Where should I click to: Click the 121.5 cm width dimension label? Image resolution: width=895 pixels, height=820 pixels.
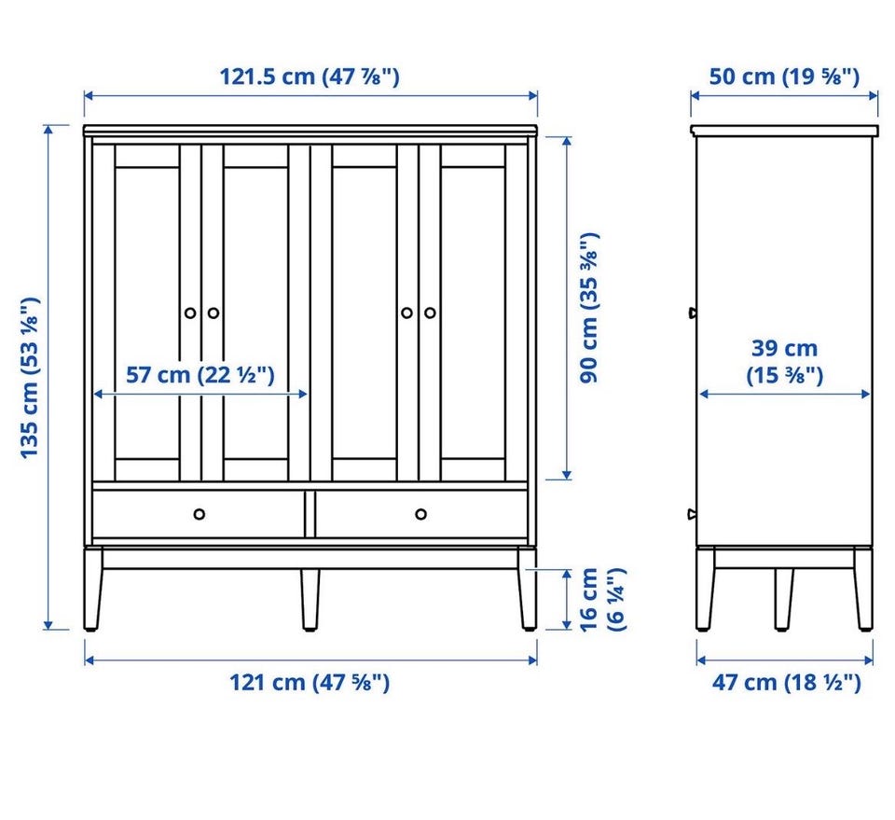coord(310,76)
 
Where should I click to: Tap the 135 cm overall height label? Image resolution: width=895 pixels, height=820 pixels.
coord(30,378)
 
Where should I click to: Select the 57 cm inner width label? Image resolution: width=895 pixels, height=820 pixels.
coord(200,375)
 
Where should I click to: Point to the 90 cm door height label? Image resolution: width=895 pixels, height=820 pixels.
coord(589,307)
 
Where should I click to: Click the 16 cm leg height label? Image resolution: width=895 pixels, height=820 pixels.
coord(603,600)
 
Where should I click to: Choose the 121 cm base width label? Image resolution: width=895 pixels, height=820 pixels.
coord(310,682)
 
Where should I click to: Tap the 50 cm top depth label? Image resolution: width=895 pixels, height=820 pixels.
coord(784,76)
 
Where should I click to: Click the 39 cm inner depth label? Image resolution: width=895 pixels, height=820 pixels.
coord(784,361)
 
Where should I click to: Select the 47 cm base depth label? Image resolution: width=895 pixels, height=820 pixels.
coord(786,682)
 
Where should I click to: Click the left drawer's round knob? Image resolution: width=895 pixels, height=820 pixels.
coord(200,514)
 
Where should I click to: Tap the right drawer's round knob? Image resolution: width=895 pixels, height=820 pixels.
coord(420,514)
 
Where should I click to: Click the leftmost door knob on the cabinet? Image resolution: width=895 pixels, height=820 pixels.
coord(190,313)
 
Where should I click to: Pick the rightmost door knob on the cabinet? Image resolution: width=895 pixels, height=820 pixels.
coord(430,313)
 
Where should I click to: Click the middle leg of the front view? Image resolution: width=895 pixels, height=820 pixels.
coord(310,600)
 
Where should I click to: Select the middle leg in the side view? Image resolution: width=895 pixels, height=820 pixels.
coord(784,600)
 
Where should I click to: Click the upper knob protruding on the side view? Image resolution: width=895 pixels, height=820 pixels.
coord(693,313)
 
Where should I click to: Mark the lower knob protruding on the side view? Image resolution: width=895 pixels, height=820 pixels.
coord(693,514)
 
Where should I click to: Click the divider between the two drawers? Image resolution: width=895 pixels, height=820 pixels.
coord(310,513)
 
